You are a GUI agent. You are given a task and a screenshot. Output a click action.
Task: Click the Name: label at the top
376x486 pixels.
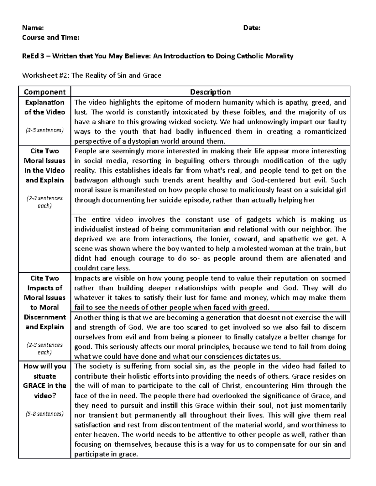(x=33, y=28)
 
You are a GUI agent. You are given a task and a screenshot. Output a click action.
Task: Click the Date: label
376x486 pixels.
(x=252, y=28)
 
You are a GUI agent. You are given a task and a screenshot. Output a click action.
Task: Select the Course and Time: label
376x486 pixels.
(x=51, y=38)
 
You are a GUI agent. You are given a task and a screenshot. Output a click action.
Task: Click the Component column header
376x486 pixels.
(x=44, y=92)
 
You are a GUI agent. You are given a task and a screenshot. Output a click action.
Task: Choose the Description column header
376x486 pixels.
(x=210, y=92)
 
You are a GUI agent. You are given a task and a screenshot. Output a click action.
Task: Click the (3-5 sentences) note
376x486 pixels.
(x=44, y=130)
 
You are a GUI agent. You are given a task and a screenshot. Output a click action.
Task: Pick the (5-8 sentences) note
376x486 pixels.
(x=44, y=414)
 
